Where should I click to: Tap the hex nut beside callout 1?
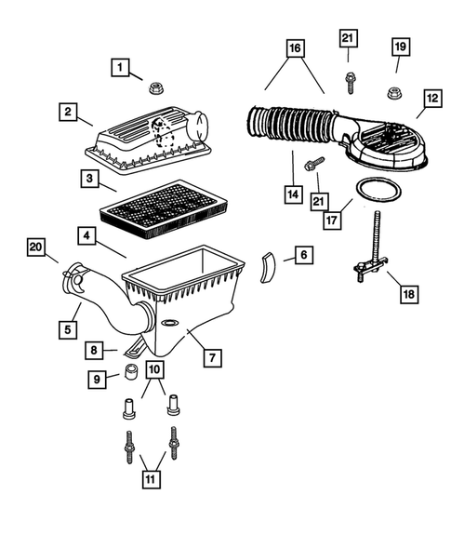(155, 89)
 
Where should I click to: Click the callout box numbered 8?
(94, 351)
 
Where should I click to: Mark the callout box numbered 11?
(148, 480)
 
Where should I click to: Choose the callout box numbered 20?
(36, 247)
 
